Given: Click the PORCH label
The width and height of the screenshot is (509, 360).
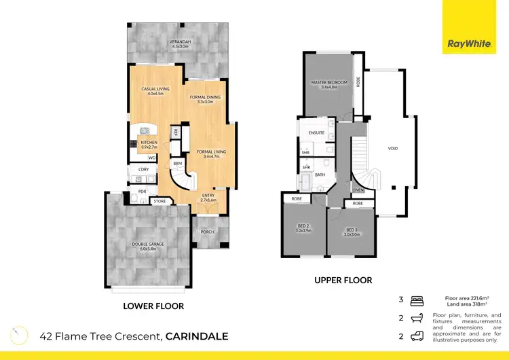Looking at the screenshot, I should click(x=207, y=232).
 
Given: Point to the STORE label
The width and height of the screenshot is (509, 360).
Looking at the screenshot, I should click(x=159, y=202).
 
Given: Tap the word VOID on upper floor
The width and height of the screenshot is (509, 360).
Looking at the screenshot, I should click(x=392, y=148).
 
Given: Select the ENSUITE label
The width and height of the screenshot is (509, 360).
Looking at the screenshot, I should click(x=316, y=133).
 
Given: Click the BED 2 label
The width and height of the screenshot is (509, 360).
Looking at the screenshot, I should click(x=303, y=228).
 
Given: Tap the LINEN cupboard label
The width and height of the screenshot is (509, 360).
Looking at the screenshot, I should click(x=358, y=190).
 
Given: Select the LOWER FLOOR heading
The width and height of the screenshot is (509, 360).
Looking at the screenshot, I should click(x=153, y=306).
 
